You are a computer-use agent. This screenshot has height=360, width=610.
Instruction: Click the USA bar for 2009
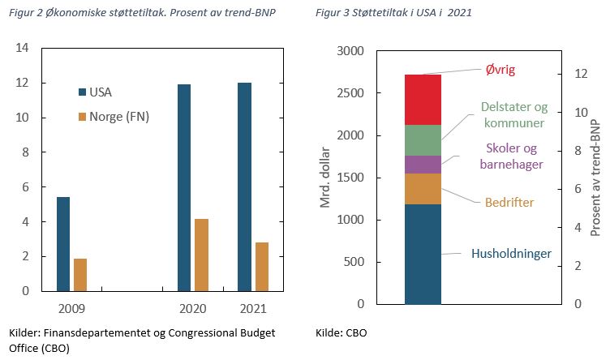tap(63, 243)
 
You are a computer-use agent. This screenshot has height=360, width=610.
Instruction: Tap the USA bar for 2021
tap(243, 186)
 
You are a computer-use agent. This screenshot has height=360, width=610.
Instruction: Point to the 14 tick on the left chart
tap(23, 49)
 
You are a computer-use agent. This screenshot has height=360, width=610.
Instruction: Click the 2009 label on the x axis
tap(71, 309)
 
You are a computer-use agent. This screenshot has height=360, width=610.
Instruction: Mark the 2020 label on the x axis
tap(192, 309)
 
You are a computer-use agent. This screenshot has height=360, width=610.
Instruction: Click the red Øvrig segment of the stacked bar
tap(423, 100)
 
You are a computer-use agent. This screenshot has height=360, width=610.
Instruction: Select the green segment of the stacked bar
tap(423, 140)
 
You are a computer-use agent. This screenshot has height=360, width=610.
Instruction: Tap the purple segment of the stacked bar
tap(423, 165)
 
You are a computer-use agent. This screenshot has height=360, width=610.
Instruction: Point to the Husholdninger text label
tap(511, 254)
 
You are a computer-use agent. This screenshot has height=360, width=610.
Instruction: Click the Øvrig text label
tap(500, 71)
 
